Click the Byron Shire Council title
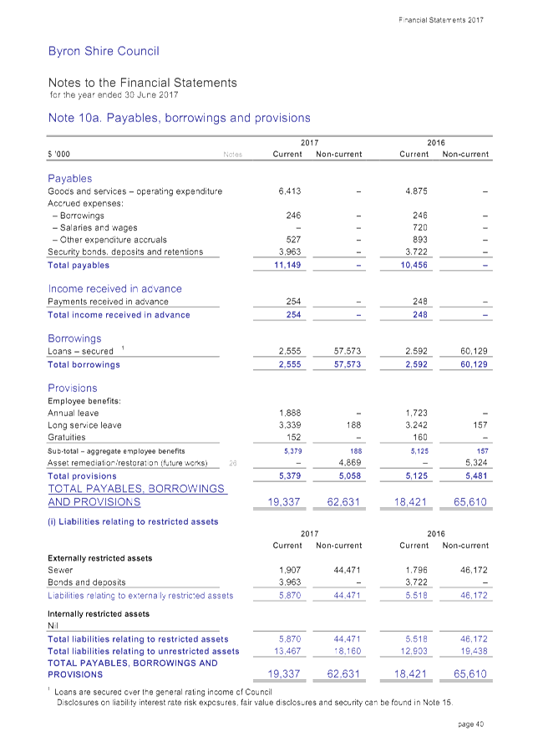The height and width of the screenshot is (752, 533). point(104,52)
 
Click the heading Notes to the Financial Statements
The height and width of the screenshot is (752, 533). point(142,83)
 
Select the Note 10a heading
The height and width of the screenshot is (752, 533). point(180,118)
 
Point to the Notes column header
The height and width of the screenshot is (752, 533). point(233,155)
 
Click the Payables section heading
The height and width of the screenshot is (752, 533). point(69,179)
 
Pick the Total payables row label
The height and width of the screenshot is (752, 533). point(79,266)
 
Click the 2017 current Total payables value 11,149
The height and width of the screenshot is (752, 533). point(287,266)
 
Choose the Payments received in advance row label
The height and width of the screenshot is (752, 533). point(108,302)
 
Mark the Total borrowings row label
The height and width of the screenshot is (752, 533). point(84,365)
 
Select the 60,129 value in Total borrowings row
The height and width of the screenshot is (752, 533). point(475,365)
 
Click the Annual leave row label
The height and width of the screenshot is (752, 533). point(73,413)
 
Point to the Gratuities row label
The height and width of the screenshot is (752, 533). point(67,437)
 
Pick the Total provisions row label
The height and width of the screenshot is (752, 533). point(82,475)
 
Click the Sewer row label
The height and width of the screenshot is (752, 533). point(60,570)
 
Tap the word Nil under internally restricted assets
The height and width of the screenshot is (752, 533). point(53,624)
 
